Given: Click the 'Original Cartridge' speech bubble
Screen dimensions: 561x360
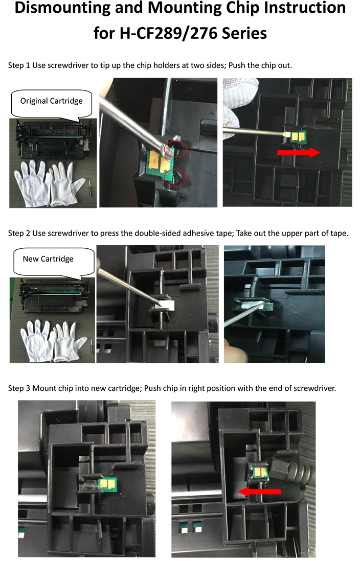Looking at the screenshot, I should coord(51,101).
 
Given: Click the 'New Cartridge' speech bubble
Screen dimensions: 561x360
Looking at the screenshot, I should coord(48,259).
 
